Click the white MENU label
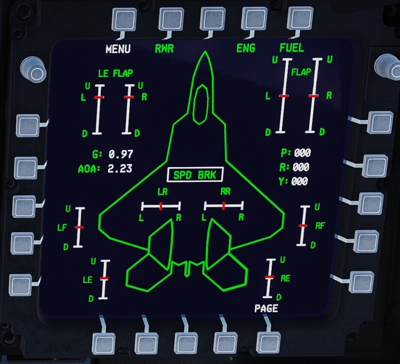[118, 49]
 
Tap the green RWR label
[164, 49]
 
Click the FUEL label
[292, 48]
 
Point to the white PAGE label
[266, 308]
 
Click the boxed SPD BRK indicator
[194, 175]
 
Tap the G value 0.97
[121, 154]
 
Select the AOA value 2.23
[120, 169]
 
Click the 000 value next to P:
[301, 153]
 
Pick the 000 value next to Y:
[299, 182]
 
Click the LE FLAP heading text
[115, 74]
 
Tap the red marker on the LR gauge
[160, 206]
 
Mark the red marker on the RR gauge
[224, 206]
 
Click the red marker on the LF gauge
[79, 227]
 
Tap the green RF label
[320, 226]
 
